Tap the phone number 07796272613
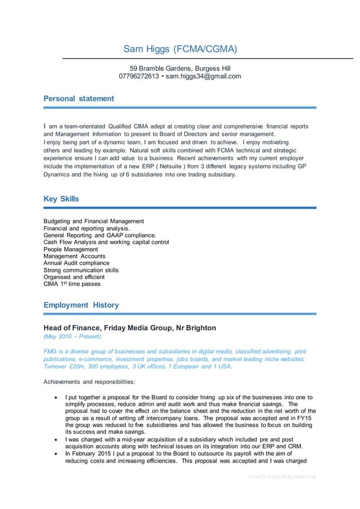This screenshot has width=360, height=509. coord(139,76)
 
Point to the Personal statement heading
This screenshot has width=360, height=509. coord(78,98)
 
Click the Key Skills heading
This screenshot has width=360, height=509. coord(61,199)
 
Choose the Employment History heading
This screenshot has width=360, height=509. coord(81,305)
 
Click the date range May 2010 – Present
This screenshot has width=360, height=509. coord(72,336)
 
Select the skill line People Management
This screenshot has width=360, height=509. coord(71,249)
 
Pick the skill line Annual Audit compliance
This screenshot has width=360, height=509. coord(76,263)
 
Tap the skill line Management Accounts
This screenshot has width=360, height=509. coord(74,256)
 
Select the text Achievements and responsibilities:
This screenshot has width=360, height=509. coord(89,381)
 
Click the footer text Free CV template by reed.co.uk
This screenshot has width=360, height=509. coord(282,476)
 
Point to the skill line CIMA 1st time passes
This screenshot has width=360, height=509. coord(72,284)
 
